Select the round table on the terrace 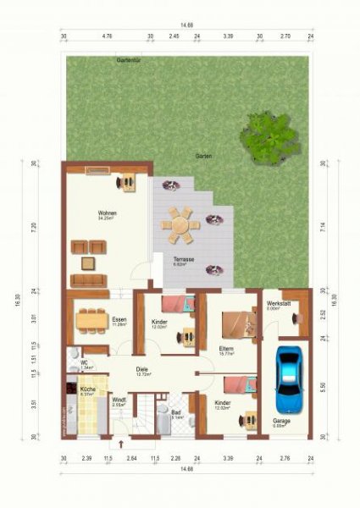pyautogui.click(x=180, y=225)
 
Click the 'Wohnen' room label pyautogui.click(x=108, y=213)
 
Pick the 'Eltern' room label pyautogui.click(x=225, y=347)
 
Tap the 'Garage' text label pyautogui.click(x=281, y=421)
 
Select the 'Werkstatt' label pyautogui.click(x=279, y=303)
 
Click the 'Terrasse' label pyautogui.click(x=184, y=259)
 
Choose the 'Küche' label pyautogui.click(x=86, y=389)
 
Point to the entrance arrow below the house pyautogui.click(x=121, y=444)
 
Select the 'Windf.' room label pyautogui.click(x=119, y=400)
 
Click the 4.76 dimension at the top pyautogui.click(x=108, y=37)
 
